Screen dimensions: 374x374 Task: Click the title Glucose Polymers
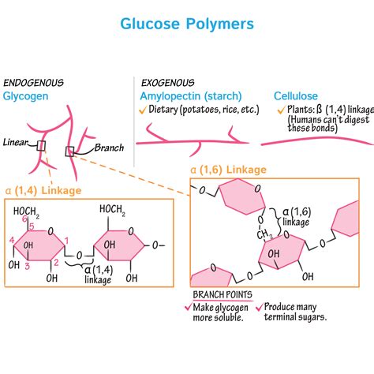tap(187, 23)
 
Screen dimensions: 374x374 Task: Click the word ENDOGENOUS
tap(34, 82)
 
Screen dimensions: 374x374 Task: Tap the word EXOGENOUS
tap(168, 82)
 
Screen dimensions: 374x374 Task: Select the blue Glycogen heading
tap(25, 95)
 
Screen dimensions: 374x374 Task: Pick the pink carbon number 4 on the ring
tap(11, 240)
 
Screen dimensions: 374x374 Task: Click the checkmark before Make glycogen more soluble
tap(187, 308)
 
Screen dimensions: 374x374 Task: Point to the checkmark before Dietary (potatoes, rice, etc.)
tap(143, 111)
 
